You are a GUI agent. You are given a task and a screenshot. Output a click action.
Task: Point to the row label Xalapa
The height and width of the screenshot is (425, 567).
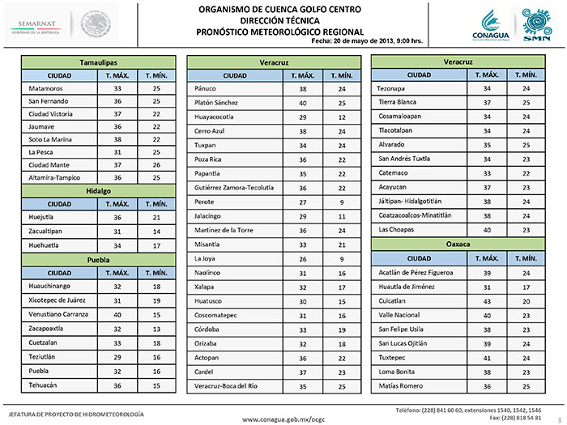207,287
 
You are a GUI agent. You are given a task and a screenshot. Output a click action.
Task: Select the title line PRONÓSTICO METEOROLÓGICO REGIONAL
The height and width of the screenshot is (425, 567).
269,31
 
